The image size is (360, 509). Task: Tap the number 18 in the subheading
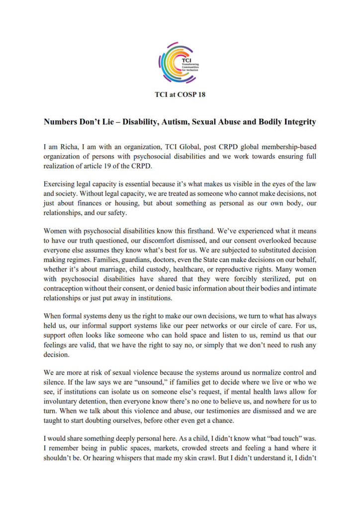point(201,95)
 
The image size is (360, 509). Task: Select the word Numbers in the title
point(61,121)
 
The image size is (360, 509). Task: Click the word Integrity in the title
point(297,121)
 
